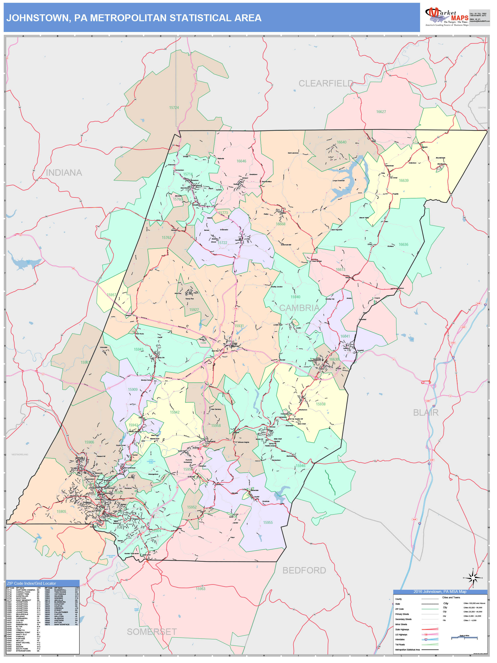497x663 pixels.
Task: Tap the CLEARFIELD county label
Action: tap(326, 83)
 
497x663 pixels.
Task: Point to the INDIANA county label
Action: tap(64, 173)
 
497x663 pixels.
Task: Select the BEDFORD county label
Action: tap(304, 570)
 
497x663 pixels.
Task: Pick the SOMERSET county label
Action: tap(152, 632)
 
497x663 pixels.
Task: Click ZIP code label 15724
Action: tap(174, 108)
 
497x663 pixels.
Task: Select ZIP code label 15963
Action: tap(200, 589)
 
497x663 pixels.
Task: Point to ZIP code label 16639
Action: tap(403, 180)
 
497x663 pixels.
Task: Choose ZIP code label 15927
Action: tap(194, 310)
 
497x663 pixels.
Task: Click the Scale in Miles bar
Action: tap(464, 637)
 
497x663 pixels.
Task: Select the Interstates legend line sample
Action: tap(430, 639)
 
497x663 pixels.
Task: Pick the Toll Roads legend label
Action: tap(400, 644)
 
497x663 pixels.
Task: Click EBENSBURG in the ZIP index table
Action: tap(22, 625)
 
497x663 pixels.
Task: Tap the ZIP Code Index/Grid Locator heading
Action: tap(31, 583)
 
